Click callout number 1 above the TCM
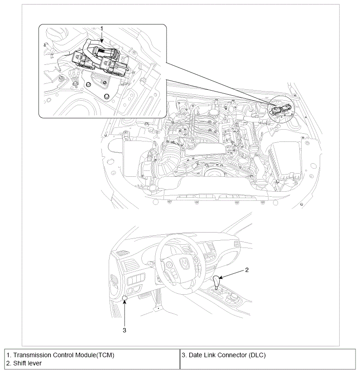[x=102, y=28]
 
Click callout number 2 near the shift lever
[x=247, y=270]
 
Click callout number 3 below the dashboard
[x=125, y=330]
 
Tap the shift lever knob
[x=218, y=282]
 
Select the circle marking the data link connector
[x=125, y=297]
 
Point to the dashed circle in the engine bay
[x=281, y=110]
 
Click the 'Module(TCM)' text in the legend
[x=95, y=355]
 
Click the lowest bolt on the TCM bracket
[x=106, y=96]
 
